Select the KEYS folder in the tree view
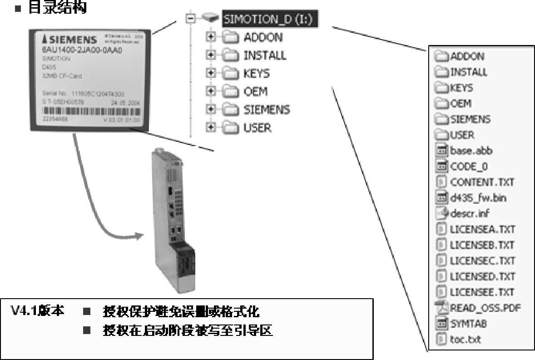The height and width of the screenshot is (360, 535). click(256, 74)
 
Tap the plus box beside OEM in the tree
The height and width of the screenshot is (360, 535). click(210, 92)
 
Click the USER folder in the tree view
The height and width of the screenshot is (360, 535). click(257, 128)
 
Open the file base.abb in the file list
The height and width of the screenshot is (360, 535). click(471, 150)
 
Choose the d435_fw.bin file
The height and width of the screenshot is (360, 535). click(478, 197)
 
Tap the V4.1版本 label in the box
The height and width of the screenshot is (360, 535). click(37, 311)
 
